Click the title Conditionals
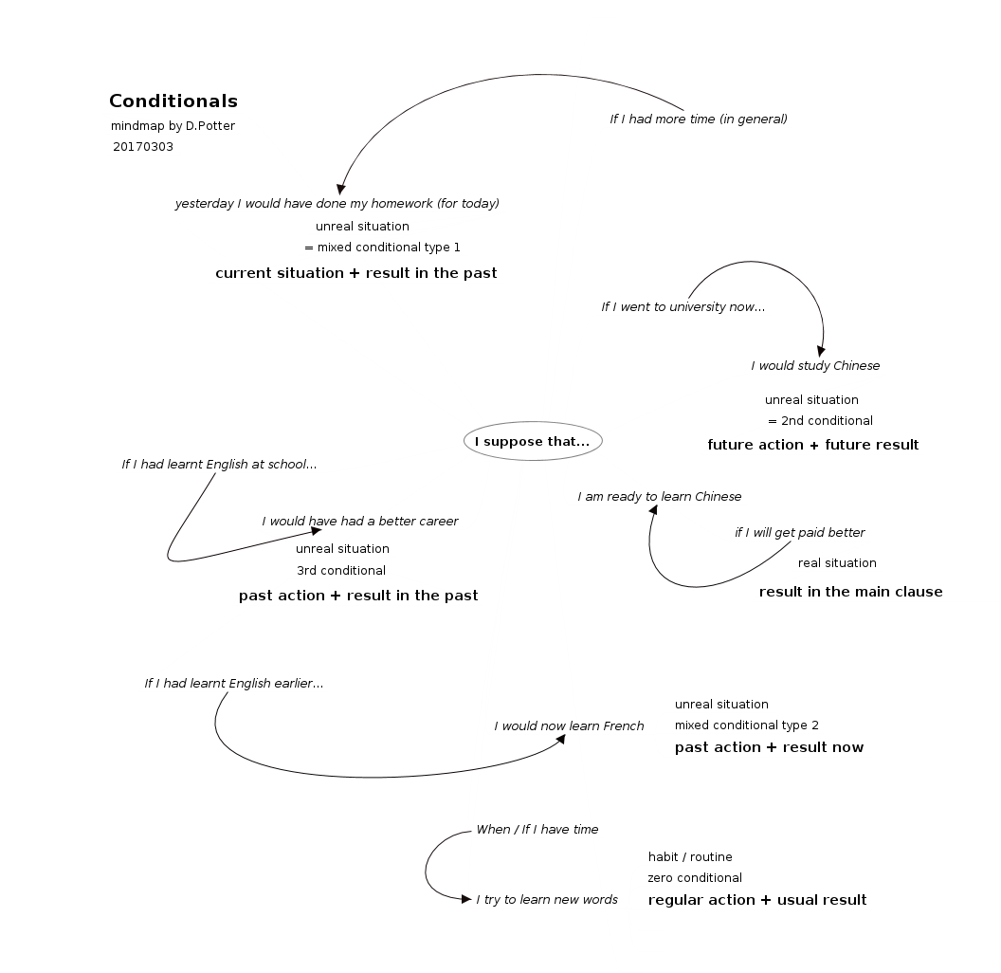(173, 101)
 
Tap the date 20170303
(143, 147)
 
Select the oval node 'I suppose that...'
(533, 442)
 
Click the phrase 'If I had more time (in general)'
(699, 119)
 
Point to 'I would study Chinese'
(815, 366)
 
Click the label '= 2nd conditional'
(820, 421)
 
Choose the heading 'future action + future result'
(813, 445)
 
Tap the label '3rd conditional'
(341, 571)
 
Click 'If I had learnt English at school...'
(219, 465)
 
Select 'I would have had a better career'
(360, 522)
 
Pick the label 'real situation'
(837, 563)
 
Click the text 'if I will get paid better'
(800, 533)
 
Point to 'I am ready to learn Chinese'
(660, 497)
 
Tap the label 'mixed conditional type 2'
(747, 726)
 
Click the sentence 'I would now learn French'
(569, 726)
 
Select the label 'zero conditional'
(695, 878)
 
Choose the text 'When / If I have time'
(537, 830)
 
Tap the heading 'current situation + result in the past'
(356, 273)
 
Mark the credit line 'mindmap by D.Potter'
(173, 126)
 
